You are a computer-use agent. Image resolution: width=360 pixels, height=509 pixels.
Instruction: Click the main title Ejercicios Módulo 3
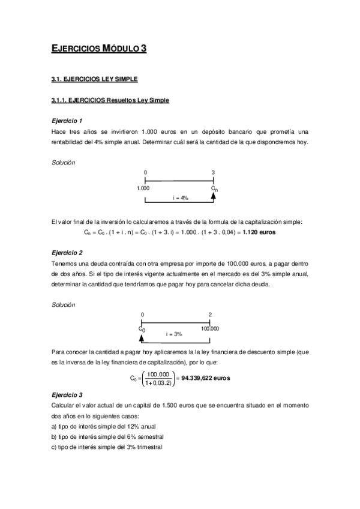98,49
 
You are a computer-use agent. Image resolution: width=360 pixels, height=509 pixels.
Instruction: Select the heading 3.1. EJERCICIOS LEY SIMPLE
95,79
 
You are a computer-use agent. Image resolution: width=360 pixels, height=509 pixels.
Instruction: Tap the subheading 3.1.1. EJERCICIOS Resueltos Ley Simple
110,100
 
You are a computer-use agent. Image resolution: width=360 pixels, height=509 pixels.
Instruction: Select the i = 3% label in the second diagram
173,333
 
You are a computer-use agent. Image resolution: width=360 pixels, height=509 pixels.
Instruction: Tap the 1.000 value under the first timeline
143,188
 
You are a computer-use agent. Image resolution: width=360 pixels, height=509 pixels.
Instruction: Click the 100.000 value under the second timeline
210,328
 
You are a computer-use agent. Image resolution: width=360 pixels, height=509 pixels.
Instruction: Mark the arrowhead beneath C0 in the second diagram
142,335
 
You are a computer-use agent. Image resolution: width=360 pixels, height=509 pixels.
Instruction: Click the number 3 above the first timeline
214,173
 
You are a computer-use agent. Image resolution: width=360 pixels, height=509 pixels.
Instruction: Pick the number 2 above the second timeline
210,314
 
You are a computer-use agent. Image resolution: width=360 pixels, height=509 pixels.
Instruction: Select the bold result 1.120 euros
259,232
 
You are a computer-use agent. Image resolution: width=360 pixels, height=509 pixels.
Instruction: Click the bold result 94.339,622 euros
205,378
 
